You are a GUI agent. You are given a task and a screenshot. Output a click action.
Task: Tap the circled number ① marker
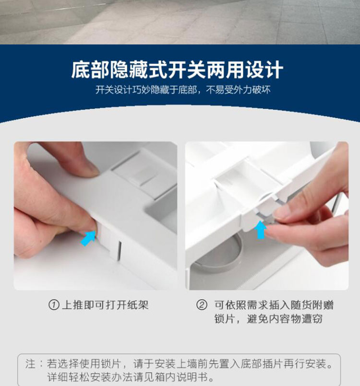pos(54,305)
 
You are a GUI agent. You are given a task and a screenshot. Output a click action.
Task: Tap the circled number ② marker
pos(202,305)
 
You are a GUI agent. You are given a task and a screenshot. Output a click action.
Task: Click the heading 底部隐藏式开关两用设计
pos(177,70)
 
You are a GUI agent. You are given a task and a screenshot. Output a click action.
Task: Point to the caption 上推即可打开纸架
pos(105,305)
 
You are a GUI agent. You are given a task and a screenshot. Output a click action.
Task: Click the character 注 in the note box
pos(30,363)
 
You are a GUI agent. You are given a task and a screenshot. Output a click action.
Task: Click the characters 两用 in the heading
pos(225,70)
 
